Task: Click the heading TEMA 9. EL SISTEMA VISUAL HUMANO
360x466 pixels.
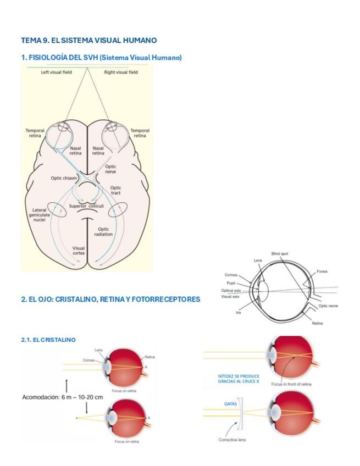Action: point(88,40)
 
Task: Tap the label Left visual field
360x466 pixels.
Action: point(56,72)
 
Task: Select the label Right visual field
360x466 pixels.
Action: point(121,72)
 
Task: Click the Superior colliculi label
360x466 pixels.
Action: point(86,206)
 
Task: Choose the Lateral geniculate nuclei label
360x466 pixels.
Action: point(39,215)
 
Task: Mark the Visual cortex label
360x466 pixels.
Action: point(79,251)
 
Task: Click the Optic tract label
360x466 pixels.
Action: point(115,190)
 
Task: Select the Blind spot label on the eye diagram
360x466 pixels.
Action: point(280,253)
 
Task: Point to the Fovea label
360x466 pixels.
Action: point(322,271)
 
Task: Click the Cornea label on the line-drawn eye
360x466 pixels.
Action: point(231,275)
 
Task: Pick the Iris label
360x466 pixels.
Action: point(238,312)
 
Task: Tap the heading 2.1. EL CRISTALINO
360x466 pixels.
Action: point(48,340)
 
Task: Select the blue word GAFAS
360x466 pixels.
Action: point(230,403)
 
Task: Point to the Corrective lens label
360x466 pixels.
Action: point(232,440)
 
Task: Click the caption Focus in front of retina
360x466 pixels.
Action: point(291,384)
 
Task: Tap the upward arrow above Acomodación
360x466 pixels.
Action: point(67,385)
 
